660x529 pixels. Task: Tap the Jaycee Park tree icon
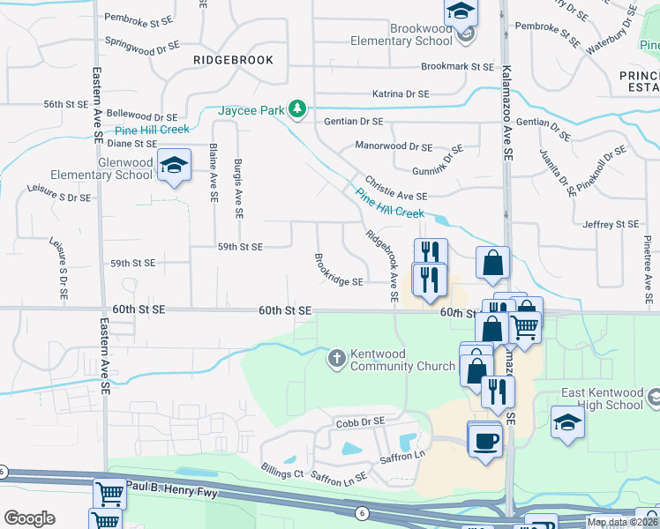pyautogui.click(x=299, y=108)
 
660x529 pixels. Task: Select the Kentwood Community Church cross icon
pyautogui.click(x=336, y=359)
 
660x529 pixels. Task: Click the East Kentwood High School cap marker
pyautogui.click(x=567, y=421)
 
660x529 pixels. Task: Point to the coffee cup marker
pyautogui.click(x=484, y=438)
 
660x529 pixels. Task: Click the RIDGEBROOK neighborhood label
pyautogui.click(x=229, y=60)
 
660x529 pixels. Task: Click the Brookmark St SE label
pyautogui.click(x=457, y=67)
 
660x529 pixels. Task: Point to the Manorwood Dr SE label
pyautogui.click(x=393, y=145)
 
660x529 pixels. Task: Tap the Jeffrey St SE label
pyautogui.click(x=610, y=225)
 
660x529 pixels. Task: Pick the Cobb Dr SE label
pyautogui.click(x=356, y=424)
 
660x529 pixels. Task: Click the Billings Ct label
pyautogui.click(x=282, y=473)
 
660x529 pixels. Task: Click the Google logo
pyautogui.click(x=29, y=518)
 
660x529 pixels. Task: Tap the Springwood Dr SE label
pyautogui.click(x=141, y=41)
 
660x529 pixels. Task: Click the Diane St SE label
pyautogui.click(x=131, y=143)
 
